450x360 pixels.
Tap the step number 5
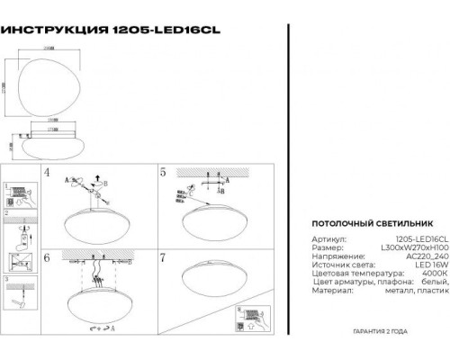[x=163, y=171]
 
